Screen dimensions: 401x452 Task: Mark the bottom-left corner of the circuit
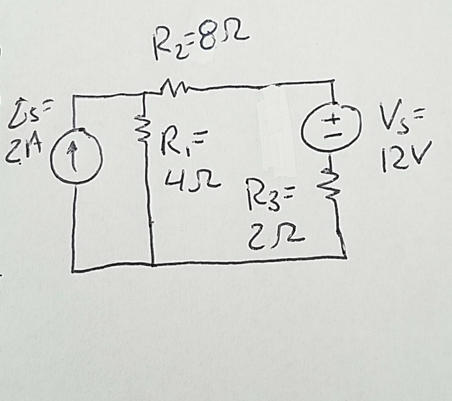73,271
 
